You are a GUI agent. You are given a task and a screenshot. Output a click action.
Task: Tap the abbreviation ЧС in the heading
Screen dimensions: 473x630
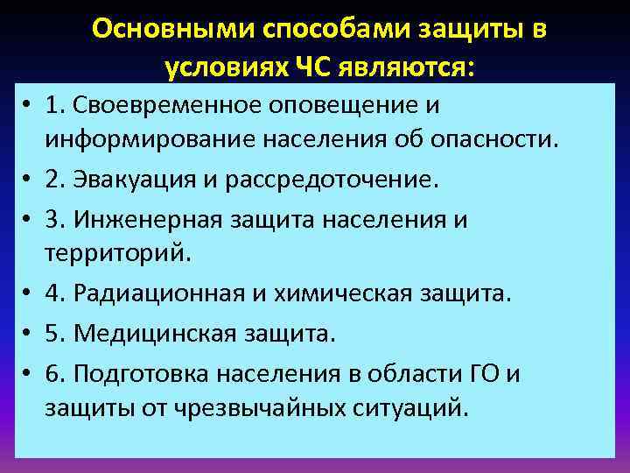tap(297, 67)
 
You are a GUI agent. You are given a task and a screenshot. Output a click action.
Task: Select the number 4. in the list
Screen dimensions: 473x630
tap(58, 294)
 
